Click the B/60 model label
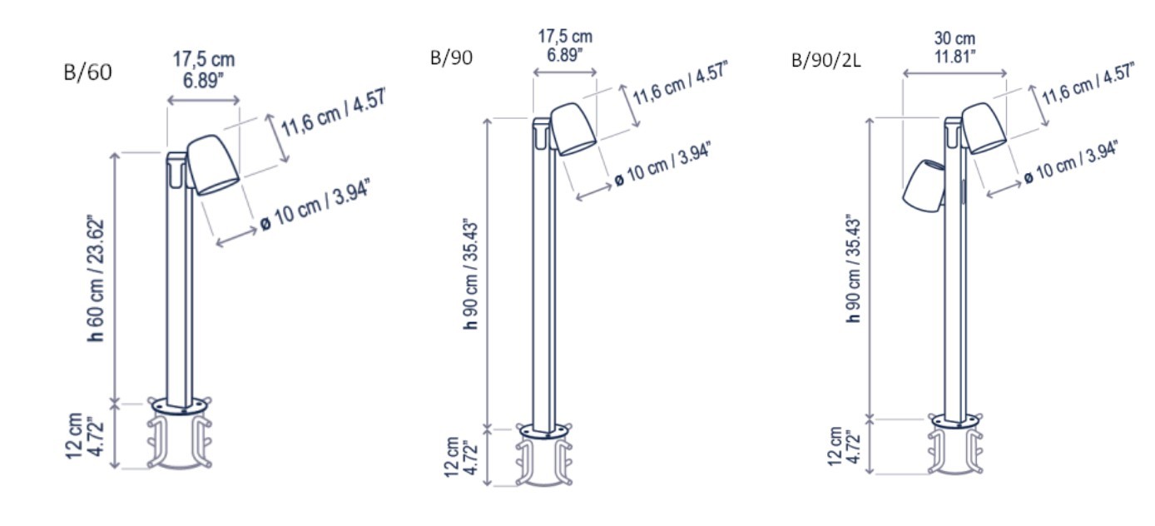tap(87, 72)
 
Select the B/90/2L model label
tap(826, 60)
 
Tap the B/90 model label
tap(451, 57)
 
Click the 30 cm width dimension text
tap(954, 38)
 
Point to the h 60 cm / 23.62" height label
tap(96, 279)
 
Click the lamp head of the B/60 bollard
tap(212, 165)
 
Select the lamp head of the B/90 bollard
tap(573, 129)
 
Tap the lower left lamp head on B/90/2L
tap(923, 186)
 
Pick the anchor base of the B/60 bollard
tap(180, 433)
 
